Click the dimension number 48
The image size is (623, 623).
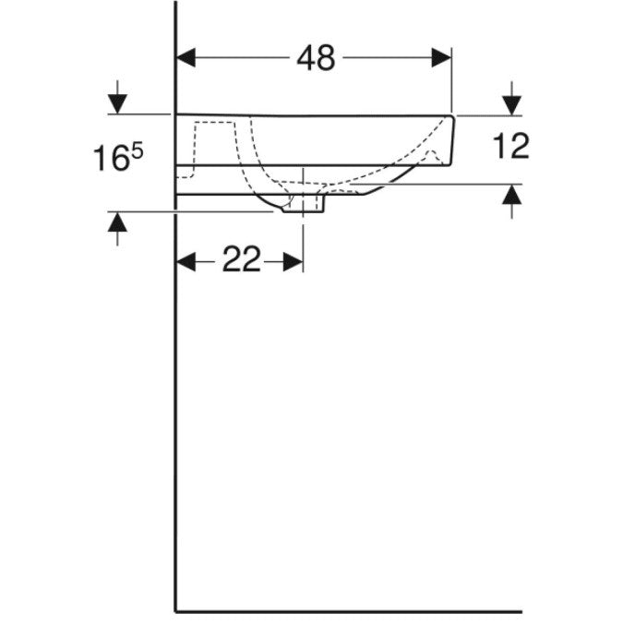pyautogui.click(x=316, y=58)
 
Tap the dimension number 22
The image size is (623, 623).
pyautogui.click(x=241, y=258)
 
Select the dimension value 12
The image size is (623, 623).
pyautogui.click(x=511, y=146)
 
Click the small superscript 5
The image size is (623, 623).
pyautogui.click(x=137, y=151)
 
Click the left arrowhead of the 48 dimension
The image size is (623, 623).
pyautogui.click(x=186, y=58)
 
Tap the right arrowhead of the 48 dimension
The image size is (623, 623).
pyautogui.click(x=441, y=58)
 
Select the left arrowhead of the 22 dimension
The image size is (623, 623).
pyautogui.click(x=186, y=262)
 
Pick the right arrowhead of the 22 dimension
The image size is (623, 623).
pyautogui.click(x=294, y=262)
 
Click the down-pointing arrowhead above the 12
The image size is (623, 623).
pyautogui.click(x=511, y=106)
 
